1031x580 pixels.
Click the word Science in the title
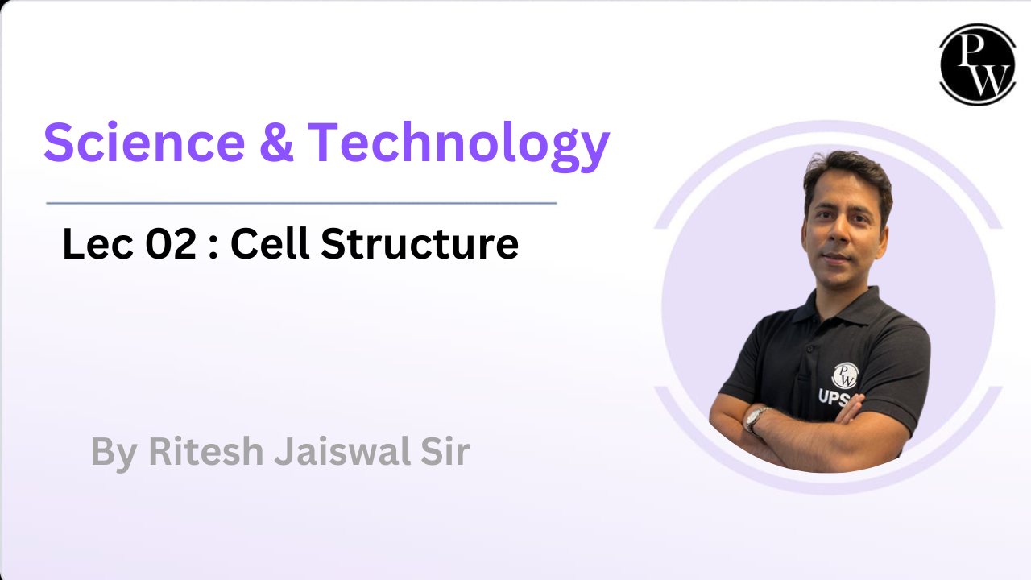pos(144,142)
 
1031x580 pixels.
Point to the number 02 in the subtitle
pos(172,243)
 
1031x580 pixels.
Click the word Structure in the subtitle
pos(420,243)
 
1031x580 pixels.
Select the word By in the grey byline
pos(114,453)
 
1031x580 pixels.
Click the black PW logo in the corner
pos(977,65)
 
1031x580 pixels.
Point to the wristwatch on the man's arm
pos(756,419)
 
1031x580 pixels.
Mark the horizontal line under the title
pos(301,203)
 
